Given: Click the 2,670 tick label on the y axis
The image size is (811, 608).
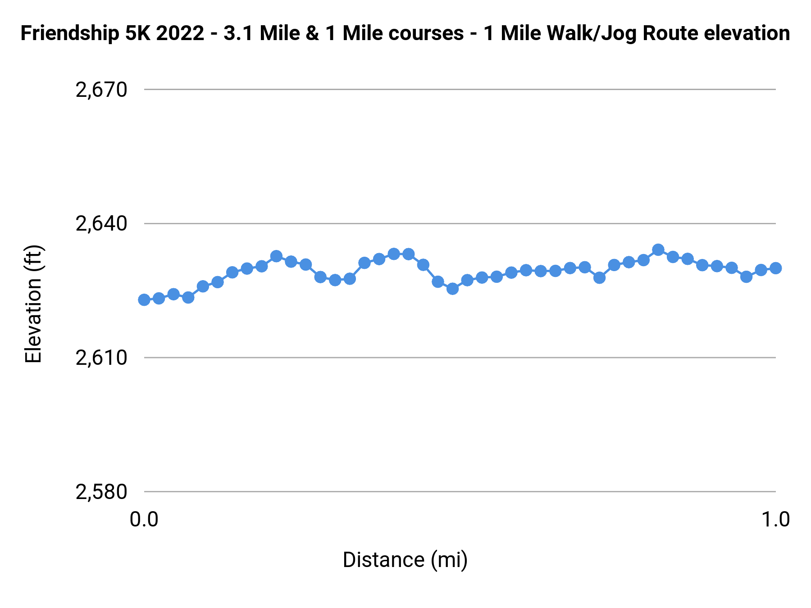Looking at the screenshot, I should [x=101, y=90].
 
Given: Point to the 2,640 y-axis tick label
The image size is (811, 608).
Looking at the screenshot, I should [x=101, y=224].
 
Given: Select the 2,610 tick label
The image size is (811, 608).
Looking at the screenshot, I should [x=101, y=358].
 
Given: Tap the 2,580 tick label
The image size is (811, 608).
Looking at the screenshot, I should [x=101, y=492].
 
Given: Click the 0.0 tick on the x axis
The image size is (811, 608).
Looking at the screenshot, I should [x=144, y=519].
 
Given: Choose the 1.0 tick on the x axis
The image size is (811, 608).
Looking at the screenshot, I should [x=775, y=519].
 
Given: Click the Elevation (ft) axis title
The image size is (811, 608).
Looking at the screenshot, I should [x=33, y=304].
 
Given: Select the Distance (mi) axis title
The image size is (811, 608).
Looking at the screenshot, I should [x=405, y=560].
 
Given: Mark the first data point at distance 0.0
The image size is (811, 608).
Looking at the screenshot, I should [x=144, y=300].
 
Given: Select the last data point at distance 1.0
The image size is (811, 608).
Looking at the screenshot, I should [x=775, y=268].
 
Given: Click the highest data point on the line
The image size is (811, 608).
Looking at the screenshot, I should [x=658, y=250].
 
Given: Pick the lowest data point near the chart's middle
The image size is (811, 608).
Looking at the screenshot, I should [x=452, y=289].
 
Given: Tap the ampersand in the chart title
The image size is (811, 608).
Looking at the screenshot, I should [x=312, y=34].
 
